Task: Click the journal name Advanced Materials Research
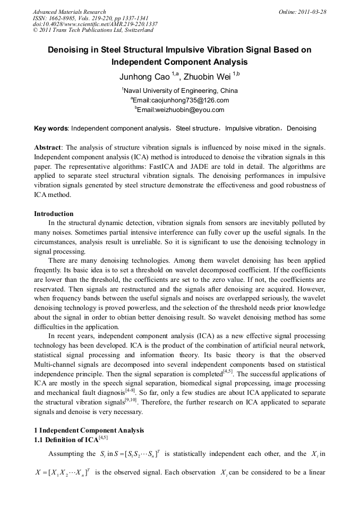pyautogui.click(x=69, y=12)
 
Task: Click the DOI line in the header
pyautogui.click(x=95, y=24)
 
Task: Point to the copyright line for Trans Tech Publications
pyautogui.click(x=93, y=30)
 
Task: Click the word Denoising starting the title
pyautogui.click(x=70, y=50)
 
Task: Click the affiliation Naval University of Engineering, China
pyautogui.click(x=181, y=91)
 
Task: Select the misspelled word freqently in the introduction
pyautogui.click(x=49, y=271)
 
